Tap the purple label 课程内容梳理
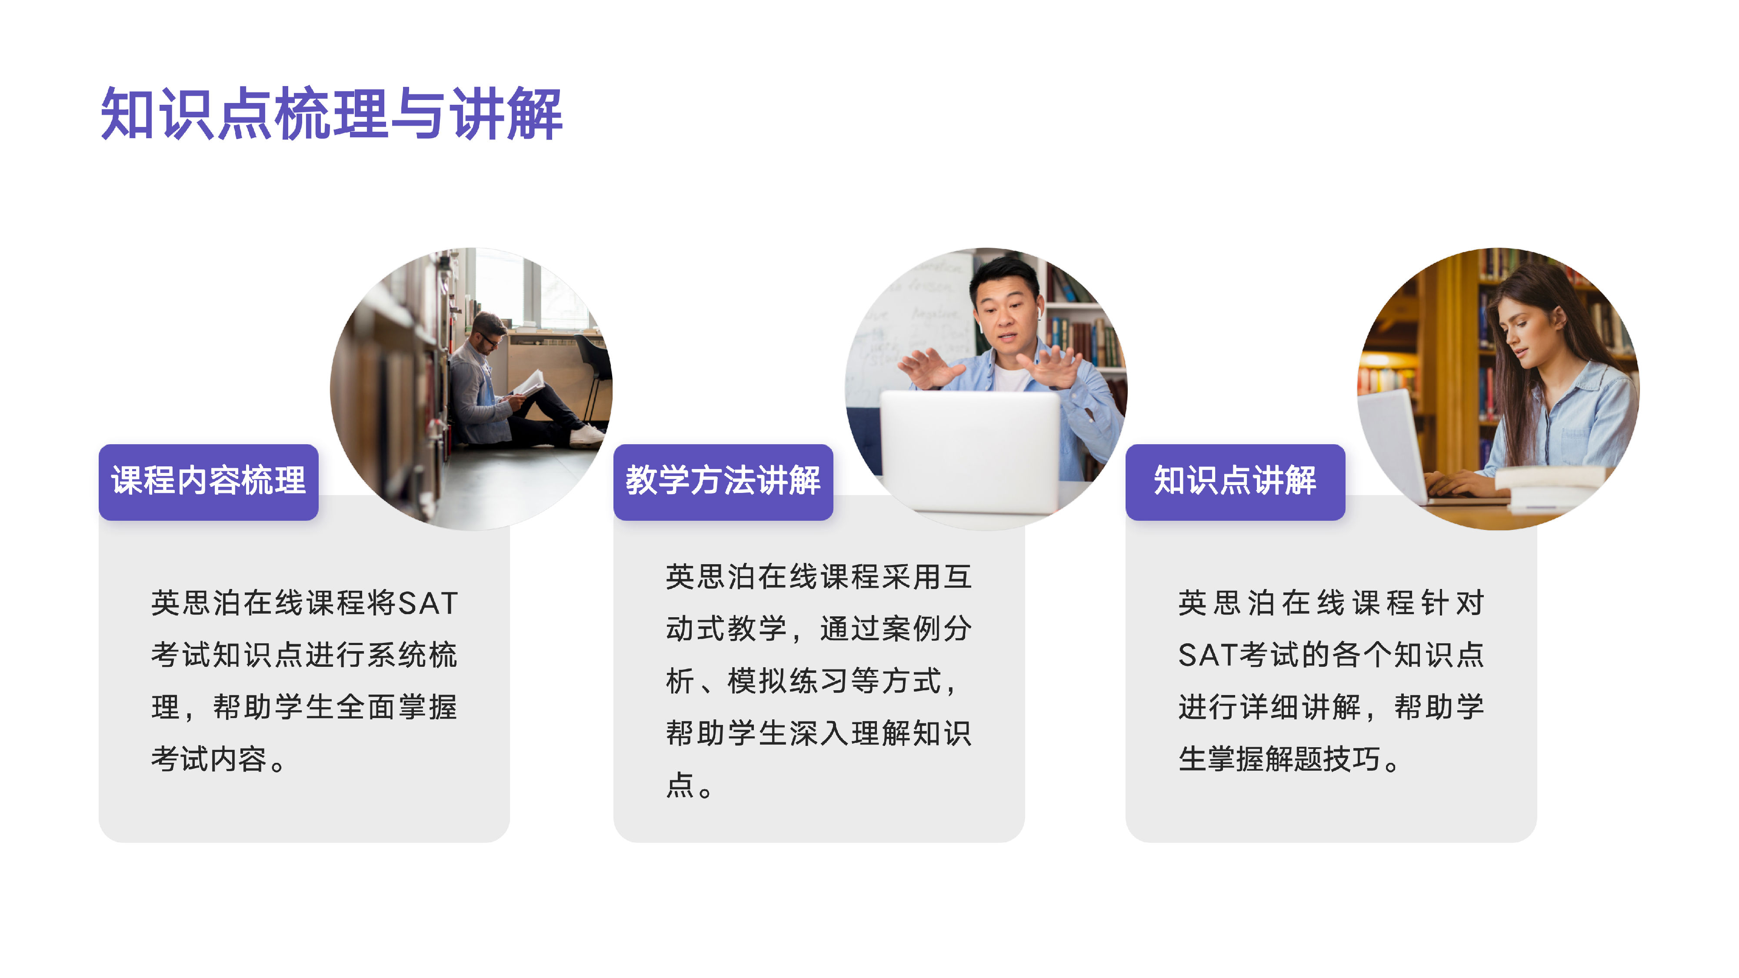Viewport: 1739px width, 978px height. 209,482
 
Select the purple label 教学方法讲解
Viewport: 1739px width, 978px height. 723,482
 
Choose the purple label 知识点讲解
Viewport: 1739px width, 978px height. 1236,482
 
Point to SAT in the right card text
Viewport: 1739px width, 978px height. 1209,655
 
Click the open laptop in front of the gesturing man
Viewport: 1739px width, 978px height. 970,452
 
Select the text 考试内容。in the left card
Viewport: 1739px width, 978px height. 219,759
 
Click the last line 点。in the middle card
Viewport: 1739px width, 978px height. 689,785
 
